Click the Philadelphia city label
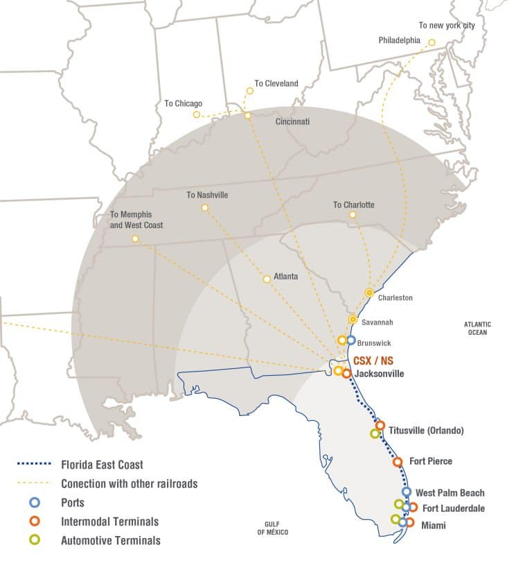pyautogui.click(x=399, y=40)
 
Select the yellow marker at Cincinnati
pyautogui.click(x=248, y=115)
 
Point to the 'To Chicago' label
pyautogui.click(x=183, y=103)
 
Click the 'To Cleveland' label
pyautogui.click(x=276, y=84)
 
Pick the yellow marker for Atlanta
pyautogui.click(x=267, y=279)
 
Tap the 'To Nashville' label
pyautogui.click(x=207, y=196)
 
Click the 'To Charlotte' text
pyautogui.click(x=353, y=205)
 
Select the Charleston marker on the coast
pyautogui.click(x=369, y=293)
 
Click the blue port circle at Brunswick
pyautogui.click(x=351, y=340)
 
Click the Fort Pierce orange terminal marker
pyautogui.click(x=398, y=462)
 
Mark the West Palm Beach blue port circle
pyautogui.click(x=407, y=492)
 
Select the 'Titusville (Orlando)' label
pyautogui.click(x=426, y=431)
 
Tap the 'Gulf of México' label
pyautogui.click(x=272, y=528)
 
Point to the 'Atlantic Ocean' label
pyautogui.click(x=477, y=328)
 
